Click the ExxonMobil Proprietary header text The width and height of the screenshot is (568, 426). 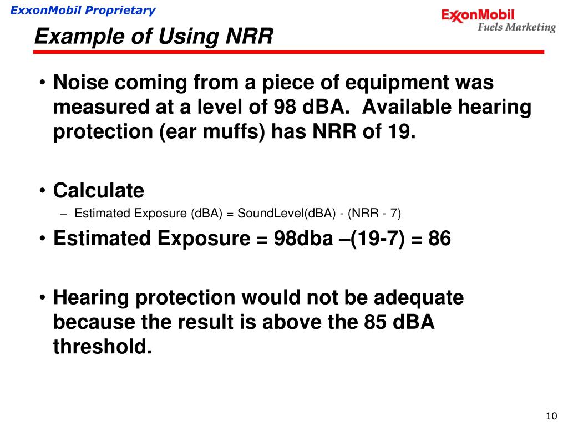(83, 10)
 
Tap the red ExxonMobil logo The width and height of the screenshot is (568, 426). (478, 16)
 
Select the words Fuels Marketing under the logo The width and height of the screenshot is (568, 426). (516, 27)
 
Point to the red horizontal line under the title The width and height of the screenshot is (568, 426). (288, 52)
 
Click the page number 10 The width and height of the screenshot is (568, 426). (551, 417)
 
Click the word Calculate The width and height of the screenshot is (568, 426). (99, 191)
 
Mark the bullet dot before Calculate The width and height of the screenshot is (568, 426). (43, 191)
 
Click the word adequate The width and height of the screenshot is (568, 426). (418, 298)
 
